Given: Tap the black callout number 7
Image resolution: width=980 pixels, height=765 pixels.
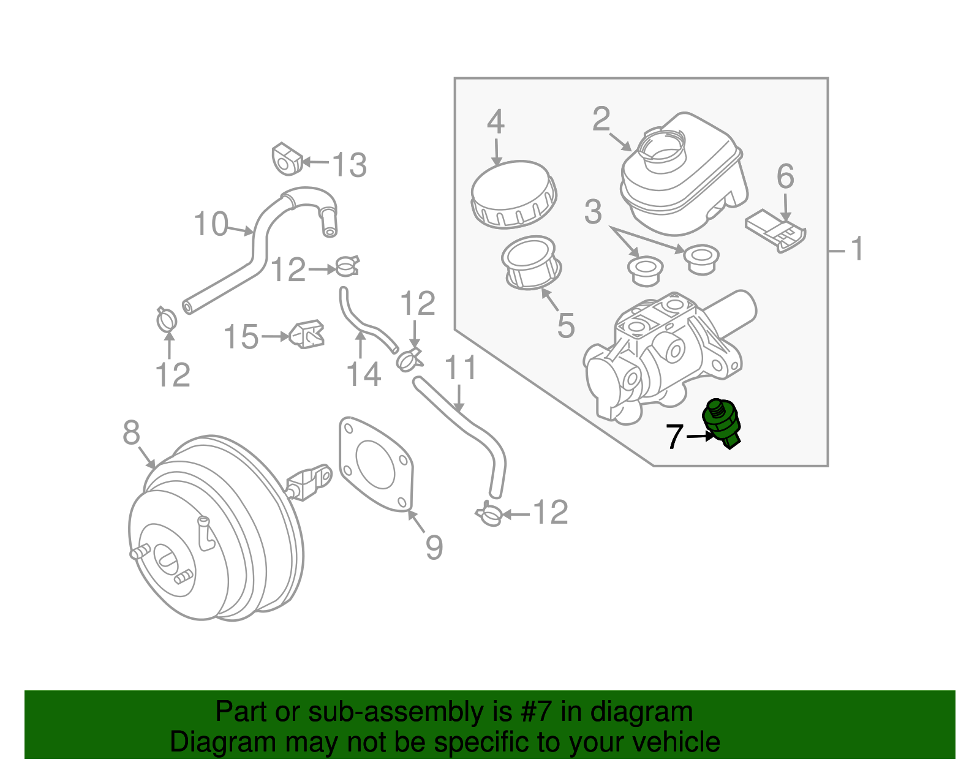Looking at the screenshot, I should (x=674, y=437).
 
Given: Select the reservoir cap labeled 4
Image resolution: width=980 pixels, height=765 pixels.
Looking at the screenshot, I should (x=513, y=194).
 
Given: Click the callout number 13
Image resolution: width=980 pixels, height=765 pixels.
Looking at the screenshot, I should (x=349, y=165).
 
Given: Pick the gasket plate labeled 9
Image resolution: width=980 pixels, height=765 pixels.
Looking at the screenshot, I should (x=375, y=464).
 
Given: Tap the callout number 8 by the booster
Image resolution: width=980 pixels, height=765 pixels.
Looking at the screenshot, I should (x=131, y=433).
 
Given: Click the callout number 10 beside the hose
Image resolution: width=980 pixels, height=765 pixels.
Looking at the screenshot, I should (x=211, y=224).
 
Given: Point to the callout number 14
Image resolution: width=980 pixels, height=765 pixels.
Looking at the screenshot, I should (x=364, y=374).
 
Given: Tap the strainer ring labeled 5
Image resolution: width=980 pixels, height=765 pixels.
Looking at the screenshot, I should (x=530, y=262).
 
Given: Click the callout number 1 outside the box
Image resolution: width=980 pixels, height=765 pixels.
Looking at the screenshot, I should (x=857, y=249).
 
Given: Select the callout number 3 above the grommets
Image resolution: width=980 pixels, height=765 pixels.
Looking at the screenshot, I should (x=592, y=212).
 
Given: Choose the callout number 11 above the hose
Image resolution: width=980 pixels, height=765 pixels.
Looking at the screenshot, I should (x=460, y=369).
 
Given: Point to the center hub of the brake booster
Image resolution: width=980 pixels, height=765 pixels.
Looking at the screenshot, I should (x=165, y=558).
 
